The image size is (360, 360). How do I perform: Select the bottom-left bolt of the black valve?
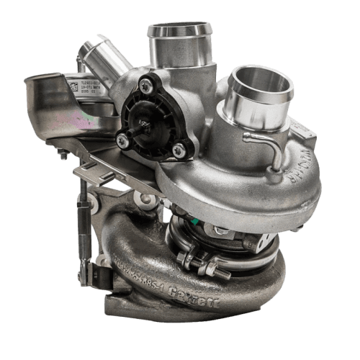123,142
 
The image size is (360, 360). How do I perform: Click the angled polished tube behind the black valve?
101,61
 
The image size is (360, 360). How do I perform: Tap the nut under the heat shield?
63,154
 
